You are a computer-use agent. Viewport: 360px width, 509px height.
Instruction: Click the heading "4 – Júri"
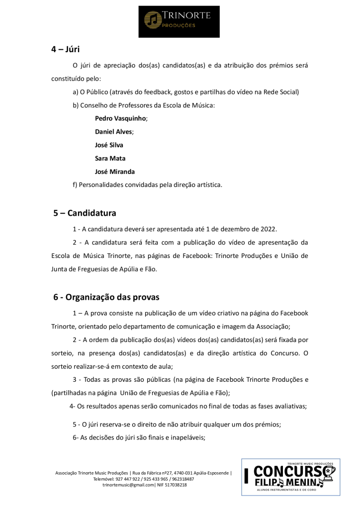click(x=66, y=49)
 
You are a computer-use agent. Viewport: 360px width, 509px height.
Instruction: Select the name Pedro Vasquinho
click(x=120, y=119)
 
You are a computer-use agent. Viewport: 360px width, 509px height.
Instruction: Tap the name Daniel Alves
click(x=113, y=132)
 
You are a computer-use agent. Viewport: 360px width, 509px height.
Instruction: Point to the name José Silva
click(x=109, y=145)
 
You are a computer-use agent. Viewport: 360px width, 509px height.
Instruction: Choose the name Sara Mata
click(x=110, y=159)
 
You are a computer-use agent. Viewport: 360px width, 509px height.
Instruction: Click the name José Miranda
click(x=115, y=171)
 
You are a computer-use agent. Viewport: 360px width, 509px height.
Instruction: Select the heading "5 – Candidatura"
click(x=85, y=213)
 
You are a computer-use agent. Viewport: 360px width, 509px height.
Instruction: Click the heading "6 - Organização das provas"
click(x=106, y=298)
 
